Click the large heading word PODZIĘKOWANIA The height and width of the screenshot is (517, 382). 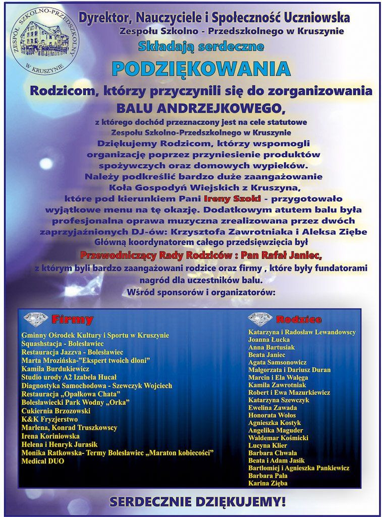coord(201,69)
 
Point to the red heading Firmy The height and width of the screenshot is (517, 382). coord(72,320)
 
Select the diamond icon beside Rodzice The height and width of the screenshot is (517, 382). coord(260,319)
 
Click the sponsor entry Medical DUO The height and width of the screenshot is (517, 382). coord(43,461)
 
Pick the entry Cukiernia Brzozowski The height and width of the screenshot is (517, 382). coord(56,410)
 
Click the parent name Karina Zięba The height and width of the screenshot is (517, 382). coord(268,483)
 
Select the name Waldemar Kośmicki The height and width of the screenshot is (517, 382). coord(278,438)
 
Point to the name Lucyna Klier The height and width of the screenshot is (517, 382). coord(267,445)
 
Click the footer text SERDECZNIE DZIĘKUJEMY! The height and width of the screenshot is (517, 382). coord(197,502)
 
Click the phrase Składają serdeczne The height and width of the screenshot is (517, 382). coord(201,46)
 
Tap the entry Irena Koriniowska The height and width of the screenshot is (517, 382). coord(50,436)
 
